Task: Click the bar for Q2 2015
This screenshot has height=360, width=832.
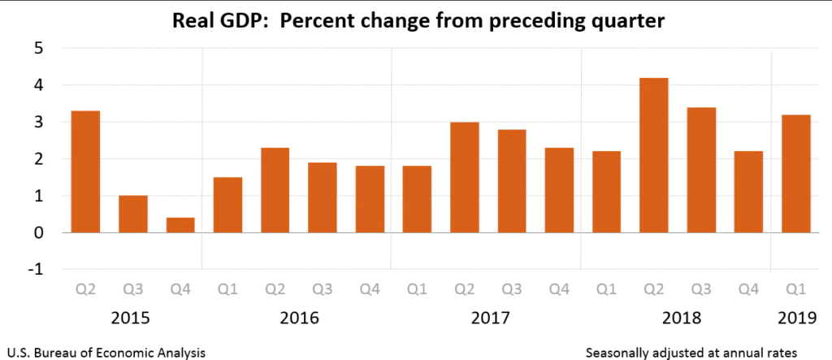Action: pos(85,172)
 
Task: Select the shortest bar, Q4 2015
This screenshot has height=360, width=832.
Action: pos(180,225)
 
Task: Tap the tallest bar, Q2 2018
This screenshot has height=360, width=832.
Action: pos(655,155)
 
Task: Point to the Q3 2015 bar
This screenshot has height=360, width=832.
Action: pos(133,215)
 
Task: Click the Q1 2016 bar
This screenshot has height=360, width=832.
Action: pos(228,205)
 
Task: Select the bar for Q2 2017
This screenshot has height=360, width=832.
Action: pos(465,177)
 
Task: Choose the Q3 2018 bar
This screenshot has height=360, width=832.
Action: pos(702,170)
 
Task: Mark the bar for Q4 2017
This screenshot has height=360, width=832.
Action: pos(560,190)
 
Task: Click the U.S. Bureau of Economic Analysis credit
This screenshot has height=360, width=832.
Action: pos(103,352)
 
